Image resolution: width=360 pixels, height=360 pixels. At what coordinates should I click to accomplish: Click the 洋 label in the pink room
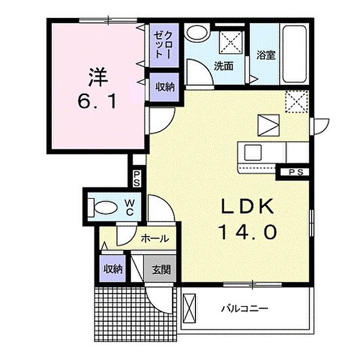pyautogui.click(x=98, y=77)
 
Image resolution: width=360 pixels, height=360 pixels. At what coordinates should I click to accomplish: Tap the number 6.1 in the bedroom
pyautogui.click(x=97, y=101)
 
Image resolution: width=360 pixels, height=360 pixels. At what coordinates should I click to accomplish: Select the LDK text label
pyautogui.click(x=248, y=206)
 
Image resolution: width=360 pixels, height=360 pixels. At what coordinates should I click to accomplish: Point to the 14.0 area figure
pyautogui.click(x=248, y=232)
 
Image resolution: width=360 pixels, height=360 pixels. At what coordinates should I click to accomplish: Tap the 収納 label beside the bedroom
pyautogui.click(x=165, y=87)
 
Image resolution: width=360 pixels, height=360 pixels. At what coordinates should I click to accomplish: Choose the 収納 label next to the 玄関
pyautogui.click(x=113, y=269)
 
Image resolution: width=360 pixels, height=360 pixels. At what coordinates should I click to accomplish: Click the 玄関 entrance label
pyautogui.click(x=161, y=269)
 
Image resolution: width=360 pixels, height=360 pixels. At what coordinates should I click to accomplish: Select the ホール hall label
pyautogui.click(x=155, y=239)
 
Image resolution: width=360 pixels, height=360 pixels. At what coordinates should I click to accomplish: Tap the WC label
pyautogui.click(x=130, y=208)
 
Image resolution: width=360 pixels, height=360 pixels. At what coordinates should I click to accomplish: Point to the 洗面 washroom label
pyautogui.click(x=224, y=66)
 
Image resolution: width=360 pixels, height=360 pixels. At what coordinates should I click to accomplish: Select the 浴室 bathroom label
pyautogui.click(x=266, y=55)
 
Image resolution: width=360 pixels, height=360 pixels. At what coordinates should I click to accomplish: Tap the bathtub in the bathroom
pyautogui.click(x=295, y=54)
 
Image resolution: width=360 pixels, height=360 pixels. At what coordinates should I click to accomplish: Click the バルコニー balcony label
pyautogui.click(x=244, y=309)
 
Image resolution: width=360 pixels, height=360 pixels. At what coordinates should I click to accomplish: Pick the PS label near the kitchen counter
pyautogui.click(x=296, y=172)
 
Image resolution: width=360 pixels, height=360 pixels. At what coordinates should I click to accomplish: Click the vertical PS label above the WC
pyautogui.click(x=137, y=178)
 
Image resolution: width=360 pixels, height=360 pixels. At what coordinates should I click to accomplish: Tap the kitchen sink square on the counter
pyautogui.click(x=253, y=152)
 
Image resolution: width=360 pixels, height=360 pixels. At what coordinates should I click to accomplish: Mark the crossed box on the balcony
pyautogui.click(x=189, y=309)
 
